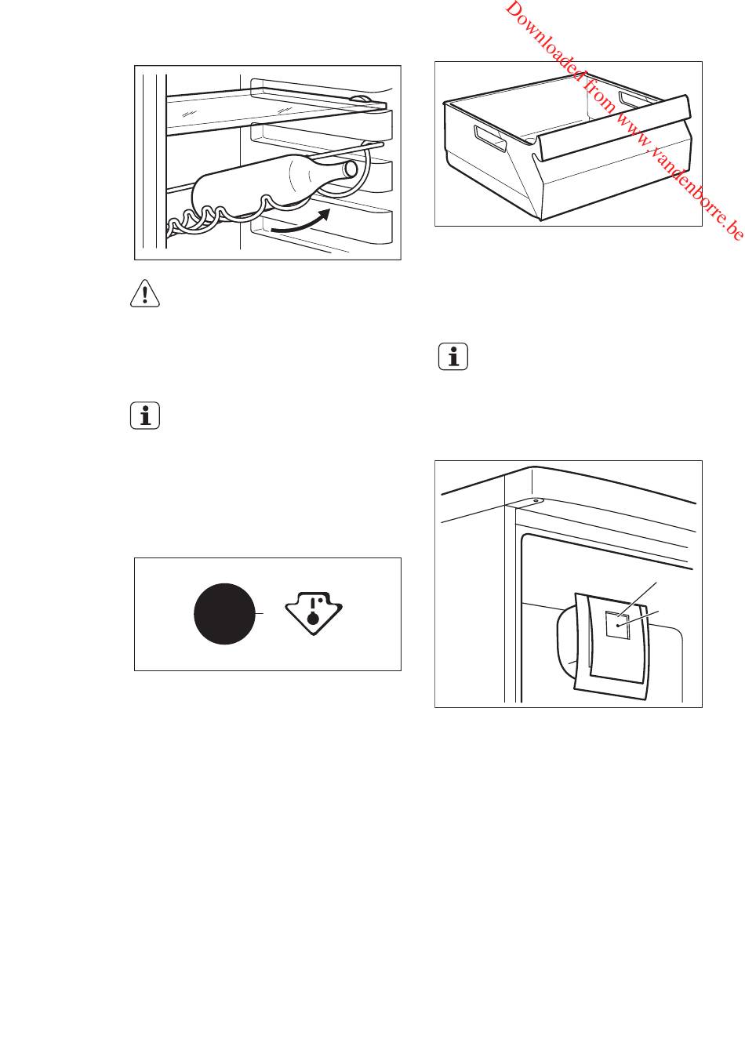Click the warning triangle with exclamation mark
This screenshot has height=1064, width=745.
pyautogui.click(x=145, y=293)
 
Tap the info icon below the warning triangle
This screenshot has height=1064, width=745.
pyautogui.click(x=145, y=416)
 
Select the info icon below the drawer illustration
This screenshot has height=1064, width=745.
pyautogui.click(x=452, y=356)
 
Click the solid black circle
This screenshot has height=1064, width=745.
pyautogui.click(x=225, y=614)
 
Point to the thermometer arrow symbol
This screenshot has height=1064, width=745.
pyautogui.click(x=314, y=612)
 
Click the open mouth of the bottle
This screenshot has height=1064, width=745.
pyautogui.click(x=351, y=169)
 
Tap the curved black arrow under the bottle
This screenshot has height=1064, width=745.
pyautogui.click(x=300, y=223)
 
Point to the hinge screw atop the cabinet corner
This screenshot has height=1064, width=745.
pyautogui.click(x=536, y=501)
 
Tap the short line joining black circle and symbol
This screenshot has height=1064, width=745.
pyautogui.click(x=260, y=614)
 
